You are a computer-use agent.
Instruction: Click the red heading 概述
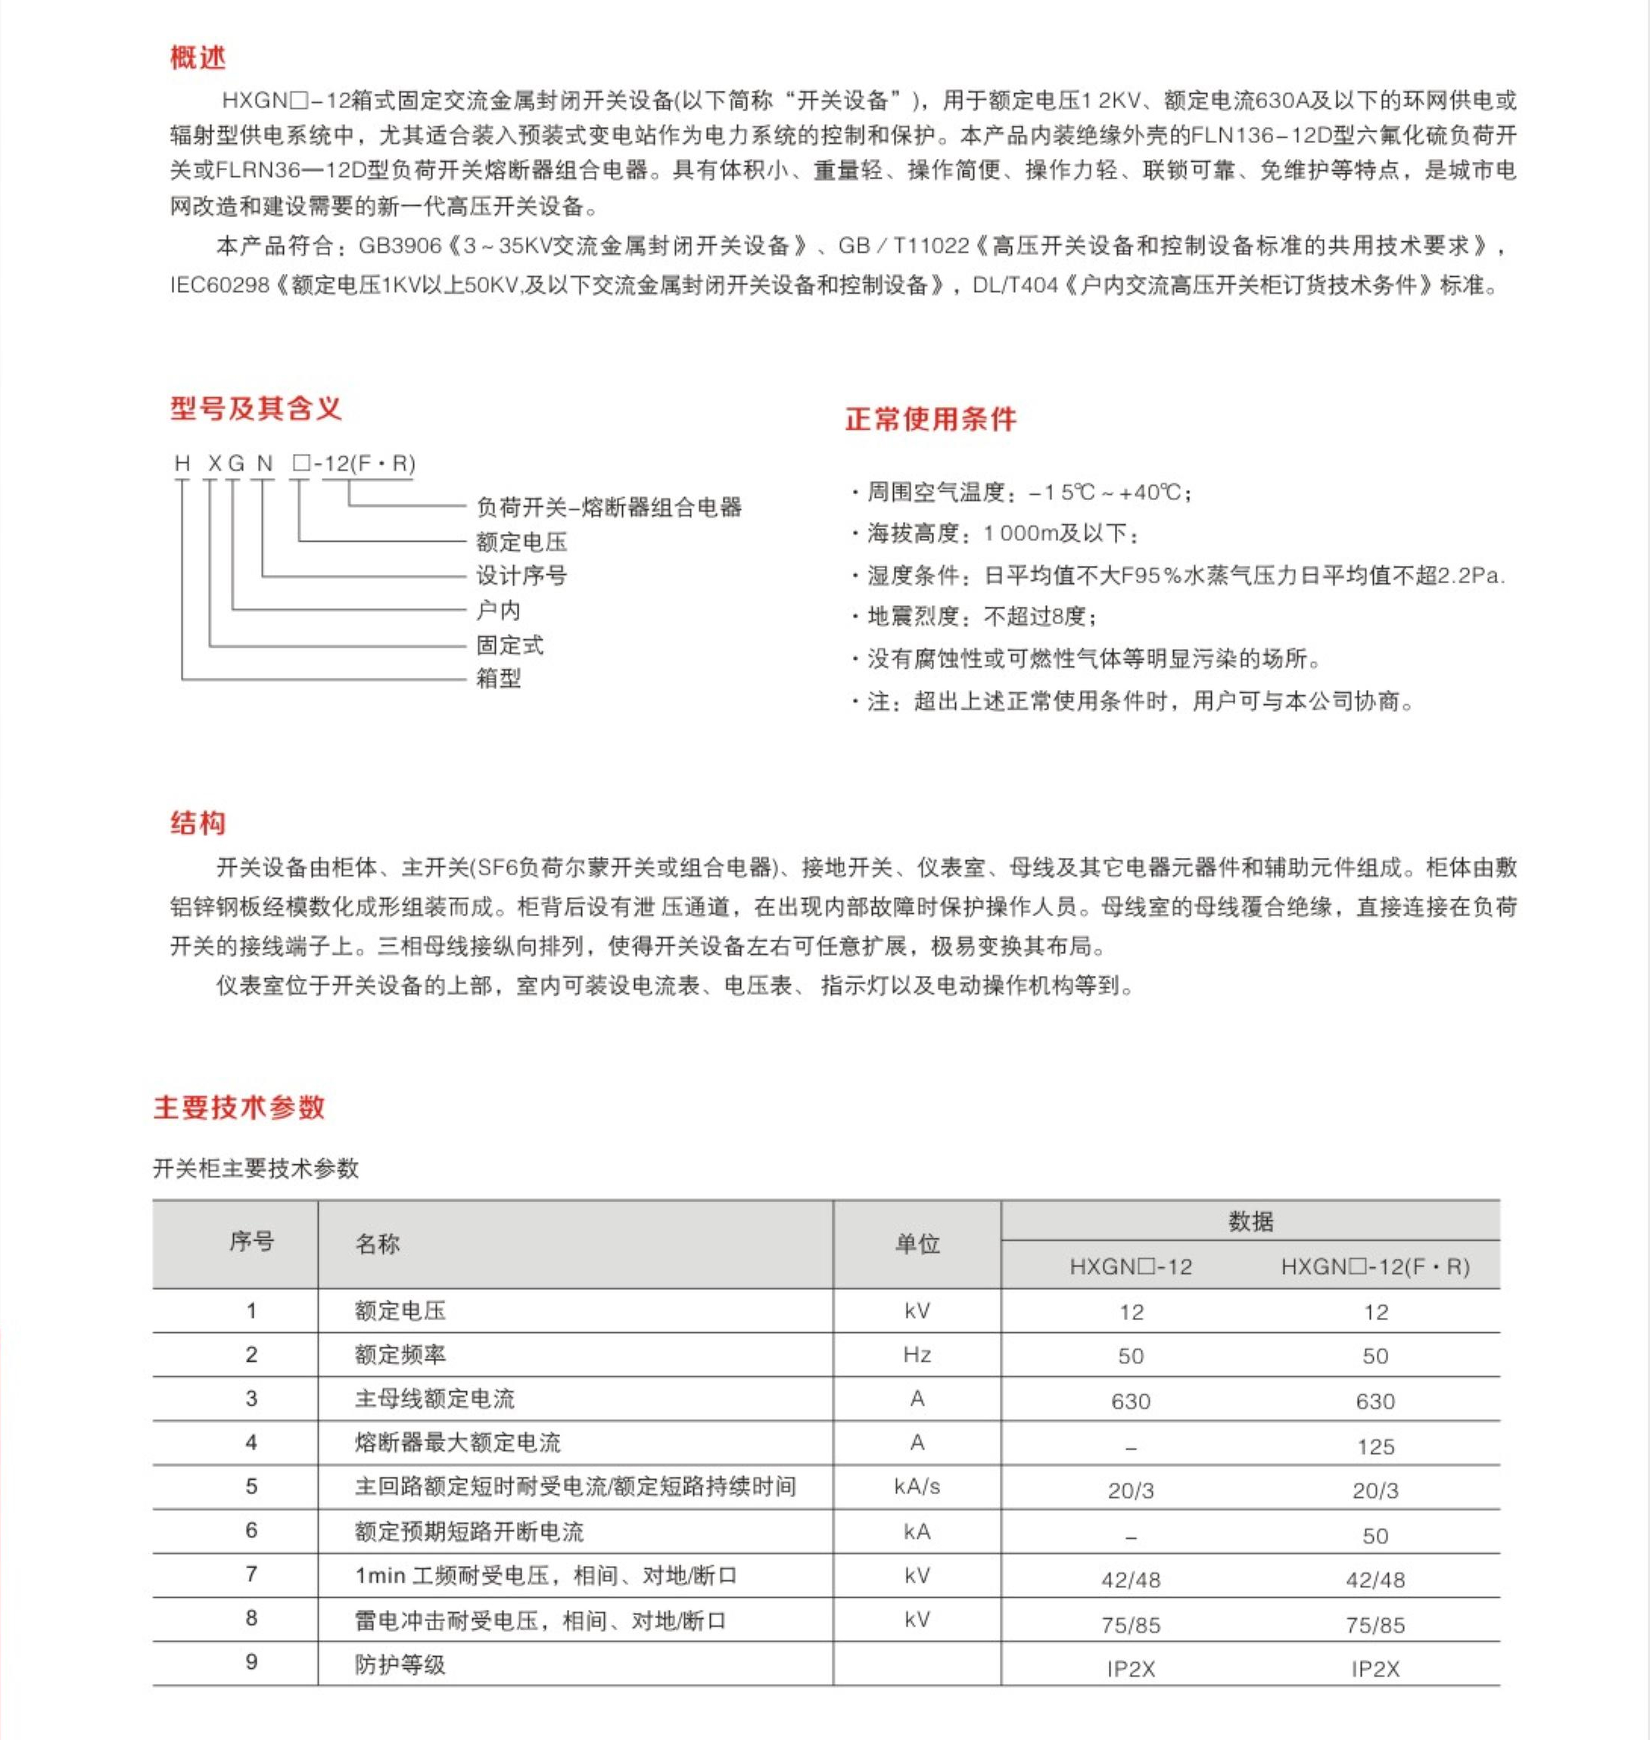[198, 58]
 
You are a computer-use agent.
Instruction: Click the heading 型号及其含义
[255, 408]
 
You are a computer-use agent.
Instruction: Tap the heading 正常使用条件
[930, 418]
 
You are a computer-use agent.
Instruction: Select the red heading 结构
[198, 823]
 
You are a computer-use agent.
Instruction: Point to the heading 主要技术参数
[239, 1107]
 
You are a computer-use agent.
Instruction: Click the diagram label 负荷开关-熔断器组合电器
[609, 508]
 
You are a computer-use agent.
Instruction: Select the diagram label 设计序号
[521, 576]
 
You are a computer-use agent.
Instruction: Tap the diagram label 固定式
[510, 645]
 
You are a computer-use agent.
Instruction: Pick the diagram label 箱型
[499, 678]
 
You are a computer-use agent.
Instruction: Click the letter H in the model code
[182, 463]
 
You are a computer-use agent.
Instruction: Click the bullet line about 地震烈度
[976, 617]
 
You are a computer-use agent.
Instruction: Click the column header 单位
[917, 1243]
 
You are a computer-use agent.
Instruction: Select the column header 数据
[1250, 1220]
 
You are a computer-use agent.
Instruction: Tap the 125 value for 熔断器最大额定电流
[1374, 1446]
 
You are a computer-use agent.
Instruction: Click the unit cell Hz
[917, 1355]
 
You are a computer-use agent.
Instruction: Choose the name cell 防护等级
[400, 1664]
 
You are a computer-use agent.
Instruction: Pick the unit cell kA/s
[917, 1487]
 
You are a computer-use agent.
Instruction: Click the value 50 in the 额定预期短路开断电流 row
[1374, 1536]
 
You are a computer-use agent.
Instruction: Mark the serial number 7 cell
[251, 1575]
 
